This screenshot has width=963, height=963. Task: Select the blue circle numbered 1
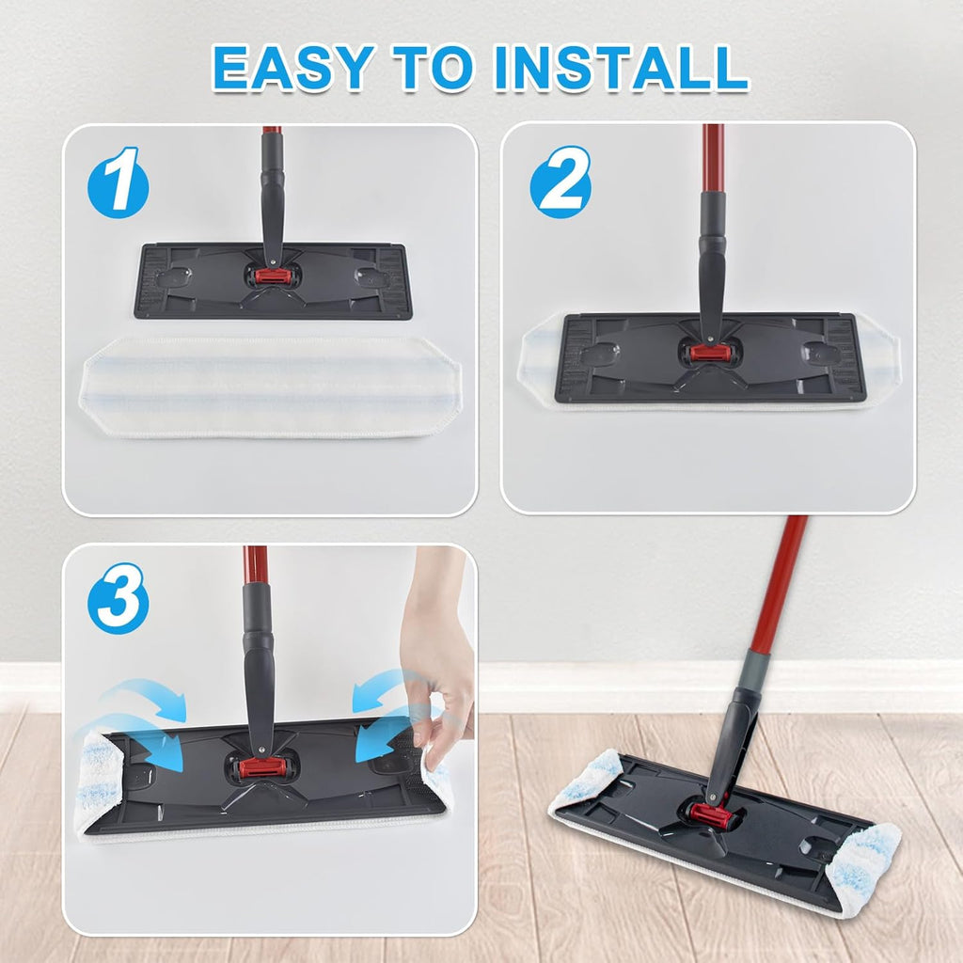point(118,182)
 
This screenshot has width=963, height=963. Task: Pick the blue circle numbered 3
point(118,598)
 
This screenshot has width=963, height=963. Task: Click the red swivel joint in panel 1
point(272,276)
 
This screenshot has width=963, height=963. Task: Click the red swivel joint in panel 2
point(710,353)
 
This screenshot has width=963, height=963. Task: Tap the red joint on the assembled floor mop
point(711,814)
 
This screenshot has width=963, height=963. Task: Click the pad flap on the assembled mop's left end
point(587,779)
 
